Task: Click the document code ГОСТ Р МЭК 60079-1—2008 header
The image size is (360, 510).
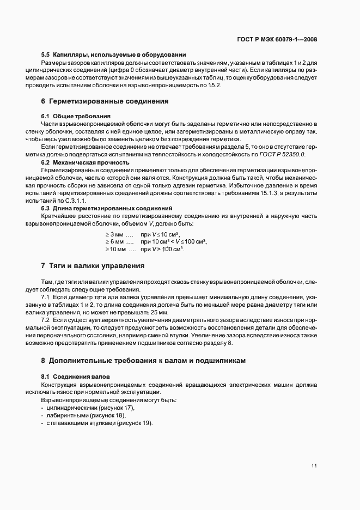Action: (277, 40)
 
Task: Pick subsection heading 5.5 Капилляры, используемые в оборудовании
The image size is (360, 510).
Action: (114, 54)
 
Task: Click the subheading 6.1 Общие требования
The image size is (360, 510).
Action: (76, 116)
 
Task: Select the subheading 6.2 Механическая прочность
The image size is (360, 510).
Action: (85, 162)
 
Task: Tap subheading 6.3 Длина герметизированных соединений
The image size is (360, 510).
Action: (107, 209)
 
